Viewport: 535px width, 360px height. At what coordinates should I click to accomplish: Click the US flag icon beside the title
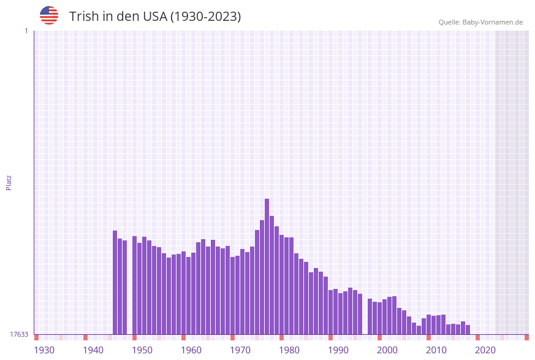tap(49, 15)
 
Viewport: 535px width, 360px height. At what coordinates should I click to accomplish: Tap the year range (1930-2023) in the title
tap(205, 17)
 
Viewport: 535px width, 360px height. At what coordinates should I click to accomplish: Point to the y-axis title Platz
tap(9, 182)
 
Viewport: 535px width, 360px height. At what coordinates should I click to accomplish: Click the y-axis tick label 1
tap(26, 31)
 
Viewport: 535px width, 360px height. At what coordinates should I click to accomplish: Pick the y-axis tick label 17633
tap(19, 334)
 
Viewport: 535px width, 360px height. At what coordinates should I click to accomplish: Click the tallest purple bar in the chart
tap(267, 266)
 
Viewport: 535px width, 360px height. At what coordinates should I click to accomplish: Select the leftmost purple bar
tap(115, 282)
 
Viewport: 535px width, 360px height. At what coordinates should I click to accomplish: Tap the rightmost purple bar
tap(468, 329)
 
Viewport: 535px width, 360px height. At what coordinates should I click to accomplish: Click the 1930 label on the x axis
tap(44, 350)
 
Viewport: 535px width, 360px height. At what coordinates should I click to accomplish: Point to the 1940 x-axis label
tap(93, 350)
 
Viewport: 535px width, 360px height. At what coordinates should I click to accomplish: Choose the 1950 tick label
tap(142, 350)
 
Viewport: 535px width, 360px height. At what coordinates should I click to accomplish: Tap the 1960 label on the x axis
tap(191, 350)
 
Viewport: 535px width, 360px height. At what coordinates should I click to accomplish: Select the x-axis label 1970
tap(240, 350)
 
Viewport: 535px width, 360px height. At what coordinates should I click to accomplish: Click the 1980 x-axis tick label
tap(289, 350)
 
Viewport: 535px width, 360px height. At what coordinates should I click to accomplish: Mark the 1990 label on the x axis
tap(338, 350)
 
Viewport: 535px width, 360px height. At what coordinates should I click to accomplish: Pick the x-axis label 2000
tap(387, 350)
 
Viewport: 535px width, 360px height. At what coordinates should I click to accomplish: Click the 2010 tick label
tap(436, 350)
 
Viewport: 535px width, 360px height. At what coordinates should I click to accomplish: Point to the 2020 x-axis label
tap(485, 350)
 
